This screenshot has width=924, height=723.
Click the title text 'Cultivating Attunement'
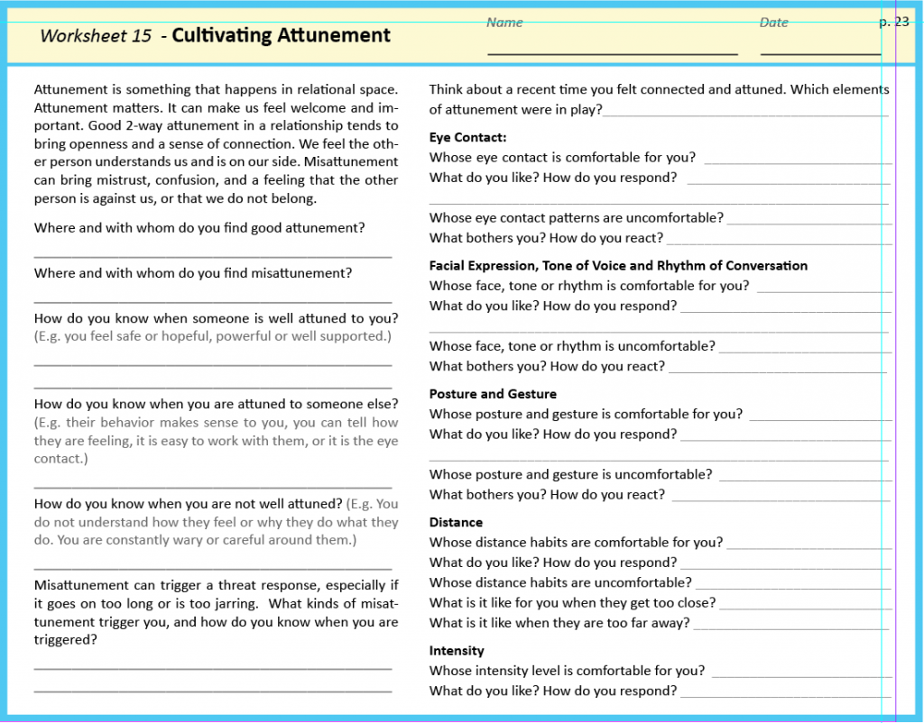(281, 36)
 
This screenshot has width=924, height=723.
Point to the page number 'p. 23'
(894, 22)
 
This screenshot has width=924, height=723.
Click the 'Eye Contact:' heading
(467, 137)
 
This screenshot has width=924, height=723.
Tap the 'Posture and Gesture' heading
(493, 394)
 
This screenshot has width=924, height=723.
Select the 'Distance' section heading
(456, 522)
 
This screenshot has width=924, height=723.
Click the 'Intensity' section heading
(457, 651)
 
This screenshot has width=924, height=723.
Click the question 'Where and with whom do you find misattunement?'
(193, 273)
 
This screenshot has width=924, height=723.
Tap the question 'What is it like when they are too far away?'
(559, 623)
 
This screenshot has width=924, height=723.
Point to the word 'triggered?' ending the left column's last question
(66, 640)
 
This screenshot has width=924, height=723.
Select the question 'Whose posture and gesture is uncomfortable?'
(570, 474)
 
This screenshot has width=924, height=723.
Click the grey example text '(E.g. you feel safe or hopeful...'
(213, 336)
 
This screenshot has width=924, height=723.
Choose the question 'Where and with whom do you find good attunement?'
(199, 228)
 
